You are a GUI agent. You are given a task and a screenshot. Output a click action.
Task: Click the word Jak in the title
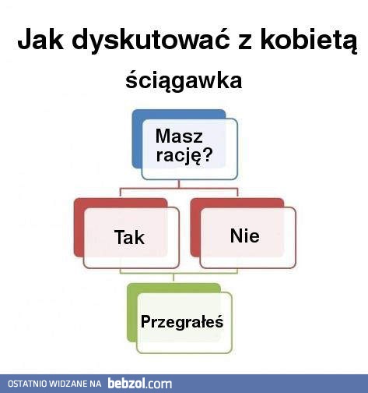coord(39,41)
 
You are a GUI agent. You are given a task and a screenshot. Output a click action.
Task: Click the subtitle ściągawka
coord(184,81)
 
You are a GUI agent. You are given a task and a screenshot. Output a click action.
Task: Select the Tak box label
coord(129,237)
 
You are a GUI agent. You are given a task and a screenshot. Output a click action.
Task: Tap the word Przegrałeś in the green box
coord(182,320)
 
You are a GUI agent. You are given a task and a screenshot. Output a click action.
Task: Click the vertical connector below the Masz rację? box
coord(180,185)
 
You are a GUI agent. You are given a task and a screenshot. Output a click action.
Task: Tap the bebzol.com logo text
coord(140,384)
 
